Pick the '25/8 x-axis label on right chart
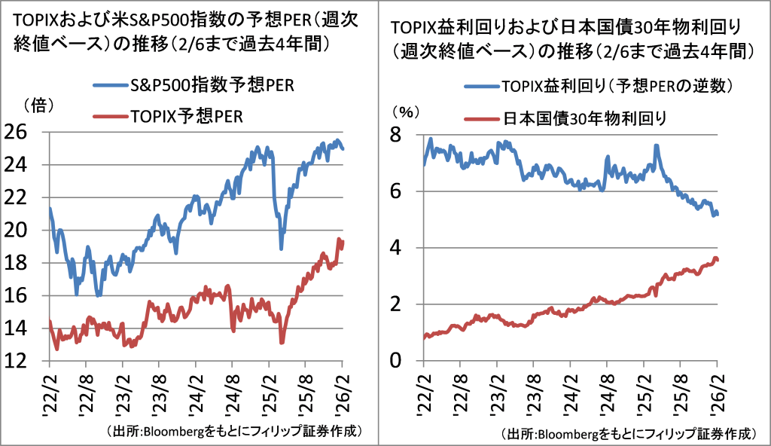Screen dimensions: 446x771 click(680, 392)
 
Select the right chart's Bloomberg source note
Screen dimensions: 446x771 click(629, 435)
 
